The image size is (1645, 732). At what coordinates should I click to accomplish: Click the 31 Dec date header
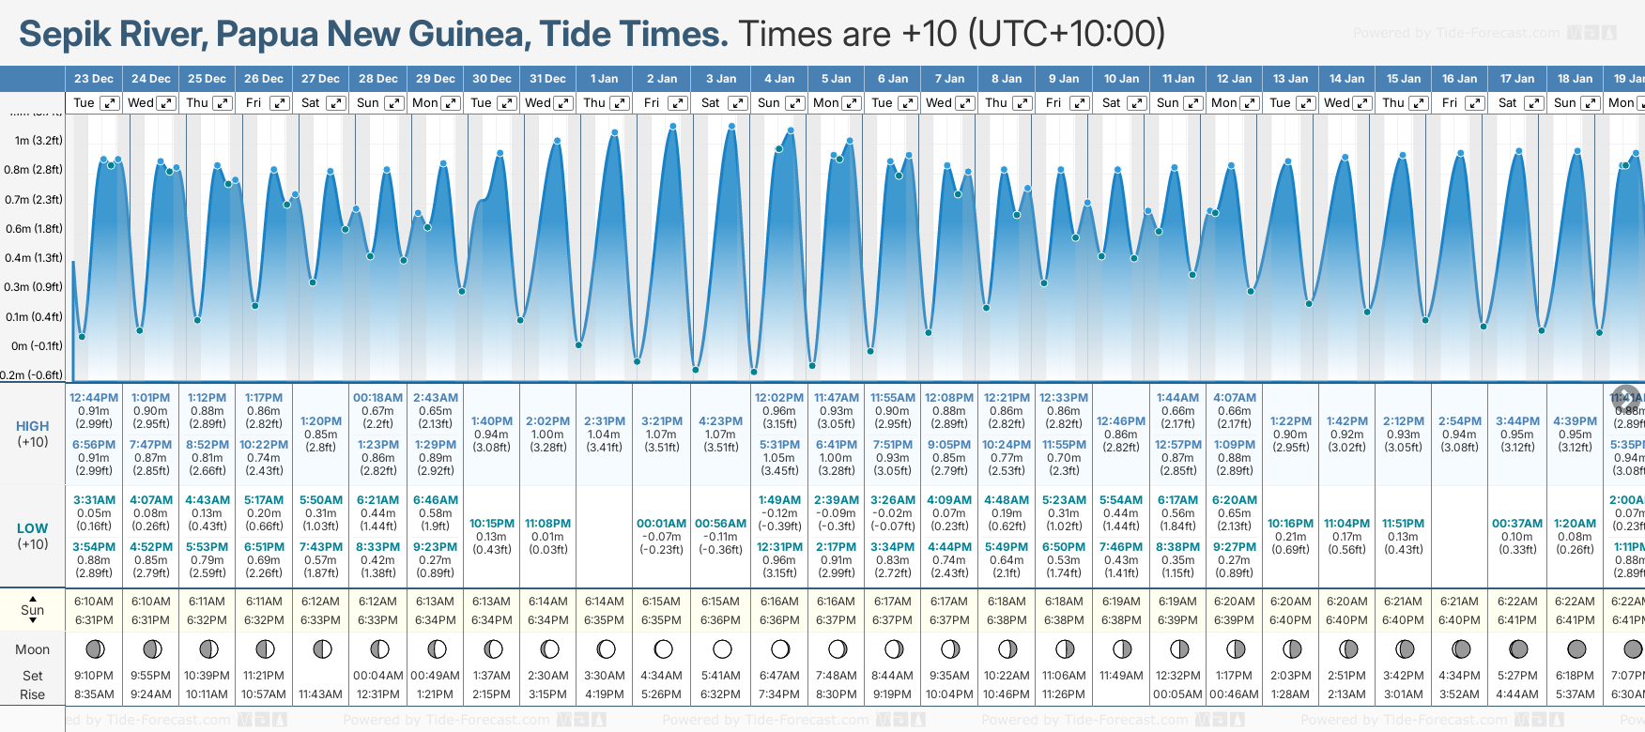[x=547, y=79]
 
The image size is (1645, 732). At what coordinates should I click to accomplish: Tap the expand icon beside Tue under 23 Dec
[x=110, y=103]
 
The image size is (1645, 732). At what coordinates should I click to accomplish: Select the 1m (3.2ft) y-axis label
[x=38, y=141]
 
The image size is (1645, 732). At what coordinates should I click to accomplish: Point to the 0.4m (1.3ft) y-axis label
[x=33, y=258]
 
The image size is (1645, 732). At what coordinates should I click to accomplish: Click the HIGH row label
[x=33, y=427]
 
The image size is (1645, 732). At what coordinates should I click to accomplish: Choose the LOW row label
[x=33, y=529]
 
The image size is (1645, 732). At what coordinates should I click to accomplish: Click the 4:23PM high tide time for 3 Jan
[x=720, y=421]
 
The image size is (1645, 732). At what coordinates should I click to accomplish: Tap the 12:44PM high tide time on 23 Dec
[x=94, y=398]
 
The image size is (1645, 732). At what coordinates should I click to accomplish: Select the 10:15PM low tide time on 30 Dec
[x=492, y=524]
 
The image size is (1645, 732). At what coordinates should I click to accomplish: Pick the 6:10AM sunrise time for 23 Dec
[x=94, y=602]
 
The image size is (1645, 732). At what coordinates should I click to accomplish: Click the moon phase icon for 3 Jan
[x=722, y=648]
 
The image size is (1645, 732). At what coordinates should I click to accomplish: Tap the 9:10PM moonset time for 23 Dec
[x=94, y=676]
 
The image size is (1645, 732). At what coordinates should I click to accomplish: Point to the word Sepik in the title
[x=66, y=35]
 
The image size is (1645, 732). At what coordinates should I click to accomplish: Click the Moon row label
[x=33, y=649]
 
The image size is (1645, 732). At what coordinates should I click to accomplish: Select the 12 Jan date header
[x=1234, y=79]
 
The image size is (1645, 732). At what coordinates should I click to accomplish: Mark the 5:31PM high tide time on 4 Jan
[x=779, y=445]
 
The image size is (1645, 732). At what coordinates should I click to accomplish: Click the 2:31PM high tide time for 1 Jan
[x=604, y=421]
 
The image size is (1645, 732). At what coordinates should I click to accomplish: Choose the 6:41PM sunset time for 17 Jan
[x=1517, y=620]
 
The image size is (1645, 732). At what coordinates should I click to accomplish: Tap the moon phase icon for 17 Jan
[x=1518, y=648]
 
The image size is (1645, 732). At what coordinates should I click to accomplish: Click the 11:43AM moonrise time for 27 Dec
[x=321, y=694]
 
